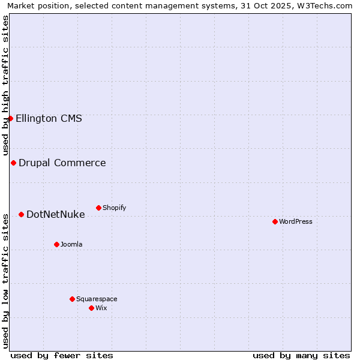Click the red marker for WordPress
(x=275, y=221)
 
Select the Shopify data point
(x=98, y=208)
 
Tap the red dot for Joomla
(x=56, y=244)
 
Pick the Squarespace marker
(x=72, y=299)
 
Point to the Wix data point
(x=91, y=308)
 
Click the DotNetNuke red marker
(x=21, y=214)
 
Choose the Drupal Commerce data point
(x=13, y=163)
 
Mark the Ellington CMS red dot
(x=10, y=118)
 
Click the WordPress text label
(x=296, y=221)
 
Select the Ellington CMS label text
(x=49, y=118)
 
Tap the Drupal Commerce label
(x=62, y=163)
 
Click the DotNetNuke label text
(x=55, y=214)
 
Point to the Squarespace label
(x=97, y=299)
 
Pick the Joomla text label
(x=71, y=244)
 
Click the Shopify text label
(x=114, y=208)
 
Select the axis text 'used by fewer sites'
(x=62, y=355)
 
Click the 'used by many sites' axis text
(x=301, y=355)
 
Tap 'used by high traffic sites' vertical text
(x=5, y=85)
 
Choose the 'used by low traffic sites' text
(x=5, y=280)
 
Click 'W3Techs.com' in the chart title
(x=324, y=5)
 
